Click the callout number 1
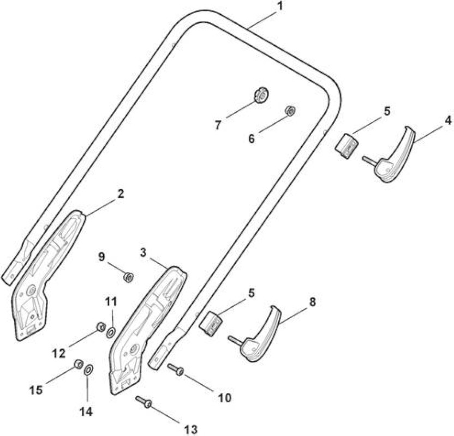click(x=279, y=7)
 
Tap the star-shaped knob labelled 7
click(x=262, y=96)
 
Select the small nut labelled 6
click(x=290, y=111)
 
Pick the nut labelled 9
click(x=128, y=277)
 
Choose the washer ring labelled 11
click(x=111, y=333)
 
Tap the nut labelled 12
click(x=100, y=327)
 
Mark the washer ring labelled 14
click(x=88, y=370)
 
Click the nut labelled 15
click(x=78, y=364)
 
